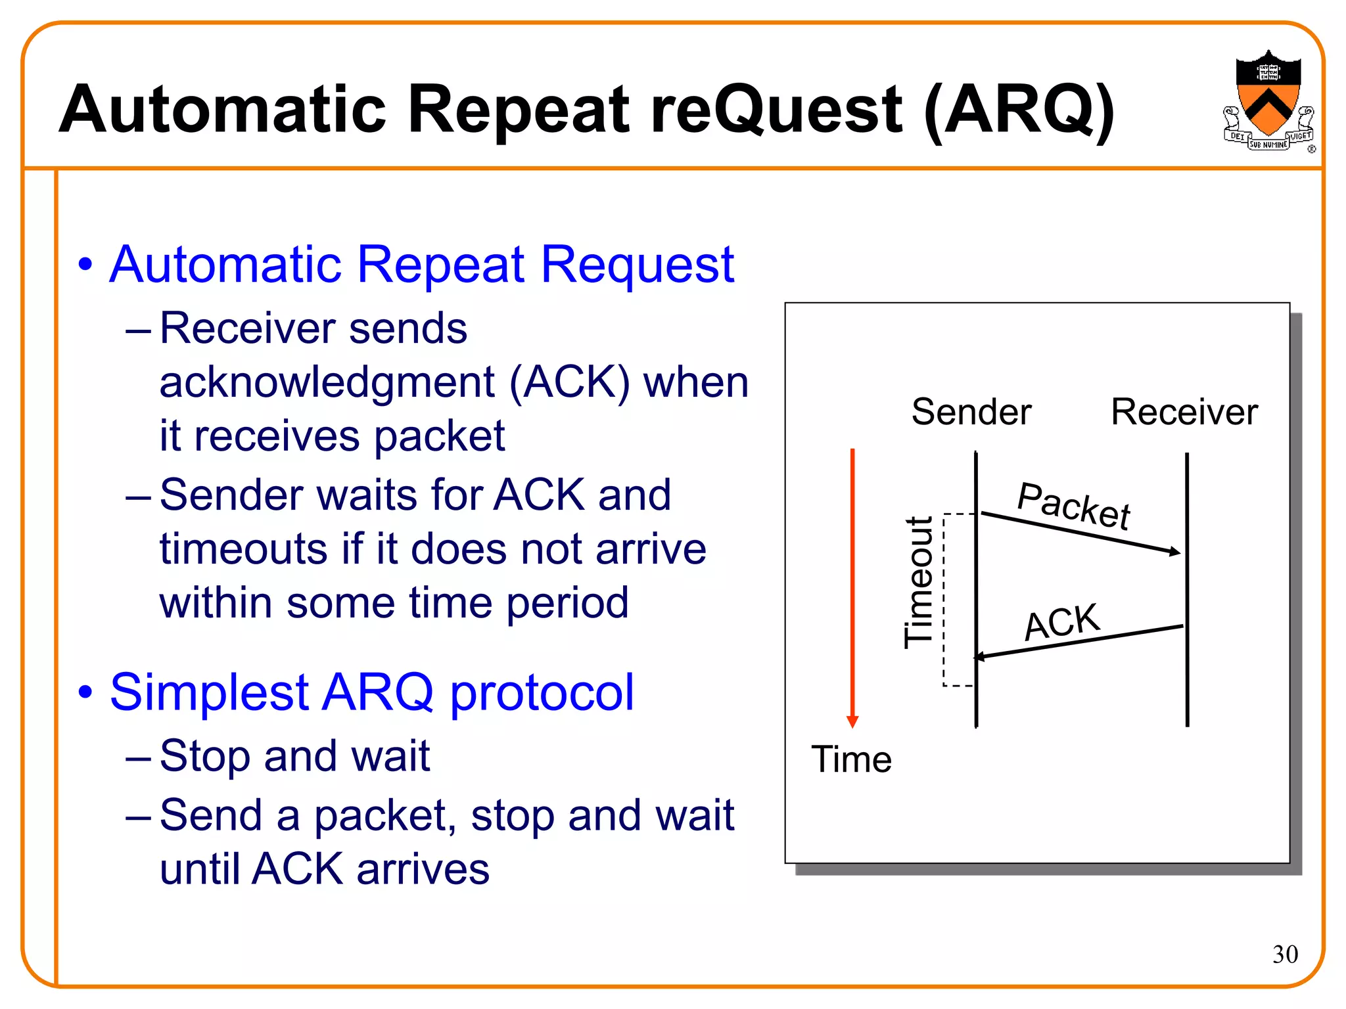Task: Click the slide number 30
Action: coord(1285,954)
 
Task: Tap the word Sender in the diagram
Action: coord(971,412)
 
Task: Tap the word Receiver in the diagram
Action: coord(1184,412)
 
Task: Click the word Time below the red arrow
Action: coord(851,759)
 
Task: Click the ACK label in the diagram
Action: coord(1061,621)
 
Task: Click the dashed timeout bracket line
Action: coord(944,598)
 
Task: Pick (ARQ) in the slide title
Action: coord(1019,110)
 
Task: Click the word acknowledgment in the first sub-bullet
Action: coord(327,383)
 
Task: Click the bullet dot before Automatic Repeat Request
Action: coord(85,265)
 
